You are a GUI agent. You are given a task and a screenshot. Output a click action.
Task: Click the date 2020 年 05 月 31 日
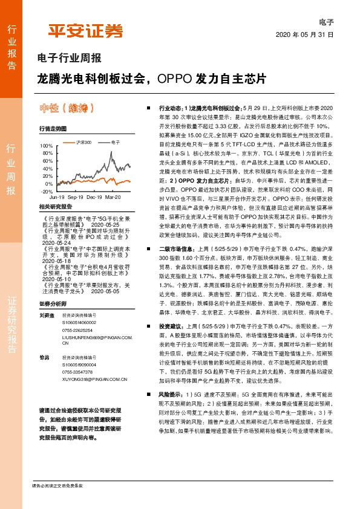[x=304, y=34]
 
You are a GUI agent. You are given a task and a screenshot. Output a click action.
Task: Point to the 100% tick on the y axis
[x=46, y=146]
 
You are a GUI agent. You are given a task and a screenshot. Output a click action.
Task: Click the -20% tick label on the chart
[x=46, y=191]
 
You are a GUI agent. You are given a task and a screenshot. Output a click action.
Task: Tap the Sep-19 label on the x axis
[x=76, y=198]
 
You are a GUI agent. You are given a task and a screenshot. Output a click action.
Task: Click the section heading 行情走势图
[x=52, y=129]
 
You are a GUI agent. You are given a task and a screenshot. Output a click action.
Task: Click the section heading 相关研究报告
[x=55, y=207]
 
